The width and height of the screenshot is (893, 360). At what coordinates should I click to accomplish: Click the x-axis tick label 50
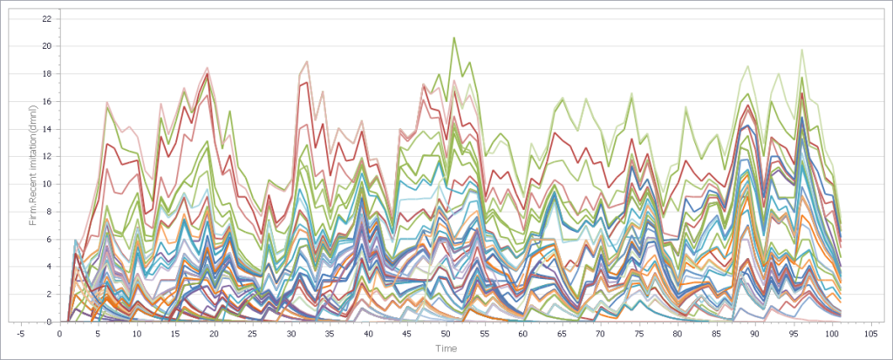pos(446,334)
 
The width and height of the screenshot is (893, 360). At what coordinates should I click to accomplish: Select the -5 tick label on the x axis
pos(21,334)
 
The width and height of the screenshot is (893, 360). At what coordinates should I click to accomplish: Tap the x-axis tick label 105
pos(870,334)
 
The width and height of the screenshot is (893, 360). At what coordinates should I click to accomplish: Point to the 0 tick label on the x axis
pos(60,334)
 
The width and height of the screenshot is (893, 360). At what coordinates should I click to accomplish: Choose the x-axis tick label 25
pos(253,334)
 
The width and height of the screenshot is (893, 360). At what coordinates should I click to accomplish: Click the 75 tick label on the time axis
pos(639,334)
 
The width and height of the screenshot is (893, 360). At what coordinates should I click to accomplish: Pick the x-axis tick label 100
pos(832,334)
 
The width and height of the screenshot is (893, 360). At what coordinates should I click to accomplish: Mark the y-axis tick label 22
pos(46,18)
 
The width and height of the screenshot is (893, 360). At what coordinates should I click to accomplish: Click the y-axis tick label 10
pos(46,184)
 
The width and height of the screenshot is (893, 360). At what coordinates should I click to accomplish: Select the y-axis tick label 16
pos(46,101)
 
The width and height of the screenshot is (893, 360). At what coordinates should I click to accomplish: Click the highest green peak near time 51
pos(454,37)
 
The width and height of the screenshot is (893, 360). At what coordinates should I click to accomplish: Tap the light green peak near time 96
pos(801,50)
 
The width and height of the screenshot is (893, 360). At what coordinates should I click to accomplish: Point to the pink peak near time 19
pos(208,67)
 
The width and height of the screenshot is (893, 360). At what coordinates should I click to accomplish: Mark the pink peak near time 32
pos(307,60)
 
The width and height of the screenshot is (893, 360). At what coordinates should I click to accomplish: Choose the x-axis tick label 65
pos(562,334)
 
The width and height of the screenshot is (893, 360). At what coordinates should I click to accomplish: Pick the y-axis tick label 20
pos(46,45)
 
